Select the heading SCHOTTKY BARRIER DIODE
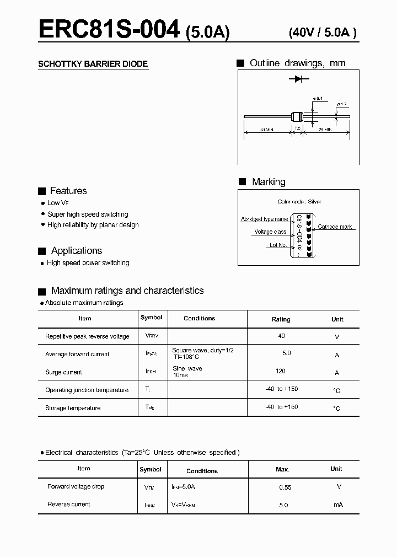click(93, 64)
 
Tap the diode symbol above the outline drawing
click(298, 79)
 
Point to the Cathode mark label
click(335, 227)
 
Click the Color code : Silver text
click(299, 202)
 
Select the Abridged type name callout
click(264, 219)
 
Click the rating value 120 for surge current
click(280, 371)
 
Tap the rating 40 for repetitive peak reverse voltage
click(282, 336)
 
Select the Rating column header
click(281, 319)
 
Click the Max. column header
click(282, 469)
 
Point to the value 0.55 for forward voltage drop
click(285, 487)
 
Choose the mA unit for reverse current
click(338, 505)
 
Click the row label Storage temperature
click(73, 408)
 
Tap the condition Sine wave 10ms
click(187, 372)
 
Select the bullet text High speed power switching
click(88, 263)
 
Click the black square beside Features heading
click(41, 191)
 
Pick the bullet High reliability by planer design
click(93, 225)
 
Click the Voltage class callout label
click(270, 232)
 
